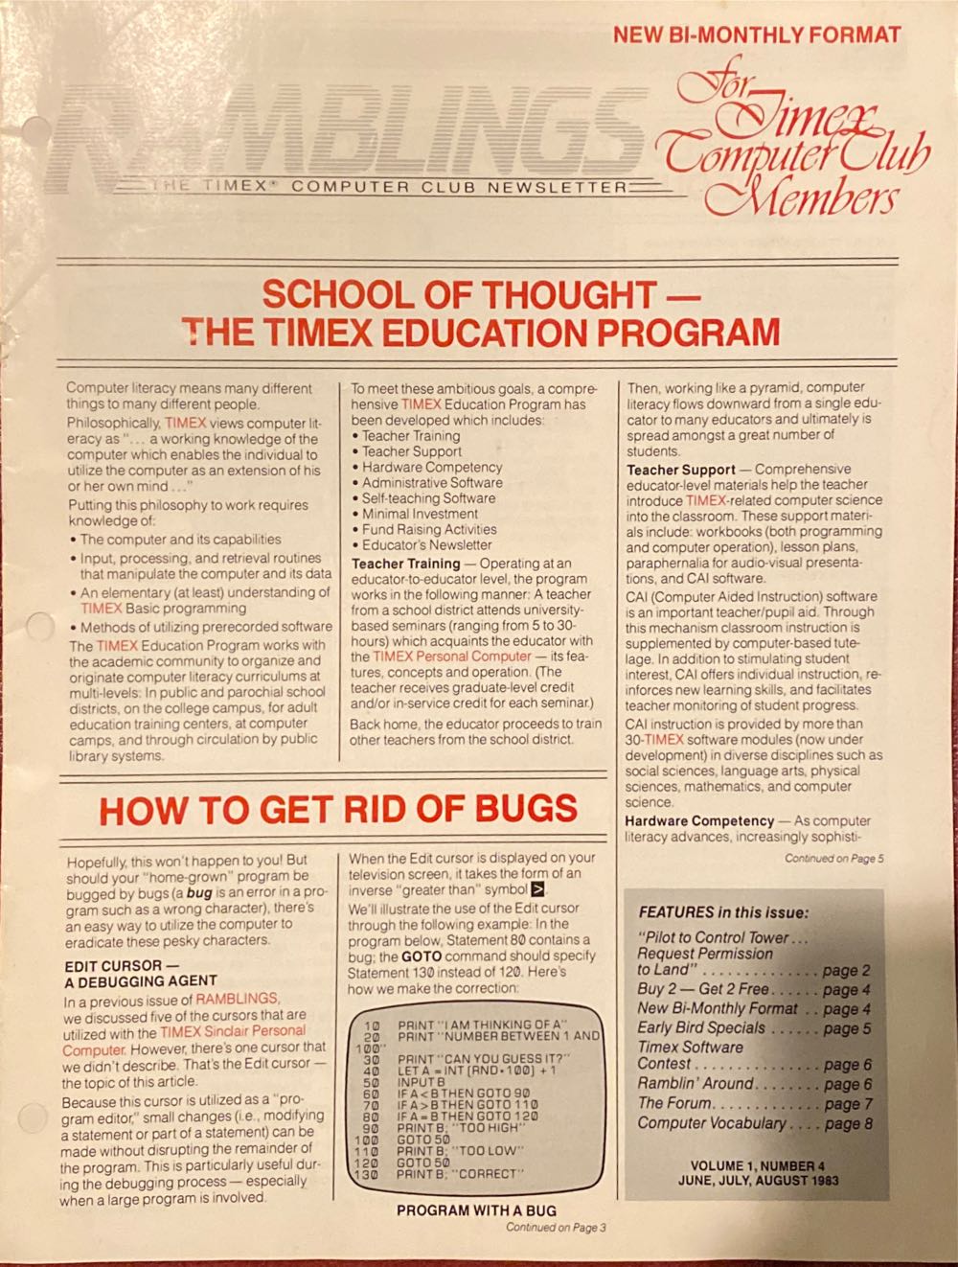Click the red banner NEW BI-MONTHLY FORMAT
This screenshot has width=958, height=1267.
[757, 35]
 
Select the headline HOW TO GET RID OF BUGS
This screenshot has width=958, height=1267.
[338, 809]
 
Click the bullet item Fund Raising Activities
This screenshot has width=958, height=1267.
[429, 529]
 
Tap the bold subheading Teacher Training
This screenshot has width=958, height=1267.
[405, 564]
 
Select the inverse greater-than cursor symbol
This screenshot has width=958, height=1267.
[537, 890]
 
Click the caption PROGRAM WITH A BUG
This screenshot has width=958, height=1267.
[476, 1210]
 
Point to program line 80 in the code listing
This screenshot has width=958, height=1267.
[450, 1117]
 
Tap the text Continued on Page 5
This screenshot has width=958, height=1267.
[833, 859]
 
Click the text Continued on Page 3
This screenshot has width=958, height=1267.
[556, 1228]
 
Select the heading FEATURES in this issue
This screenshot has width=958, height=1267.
[723, 912]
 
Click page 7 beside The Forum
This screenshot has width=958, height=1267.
[848, 1103]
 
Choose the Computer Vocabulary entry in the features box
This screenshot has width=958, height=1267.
[711, 1123]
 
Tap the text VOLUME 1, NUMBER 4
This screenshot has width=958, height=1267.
[757, 1166]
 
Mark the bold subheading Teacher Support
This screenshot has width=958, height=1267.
[681, 470]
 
